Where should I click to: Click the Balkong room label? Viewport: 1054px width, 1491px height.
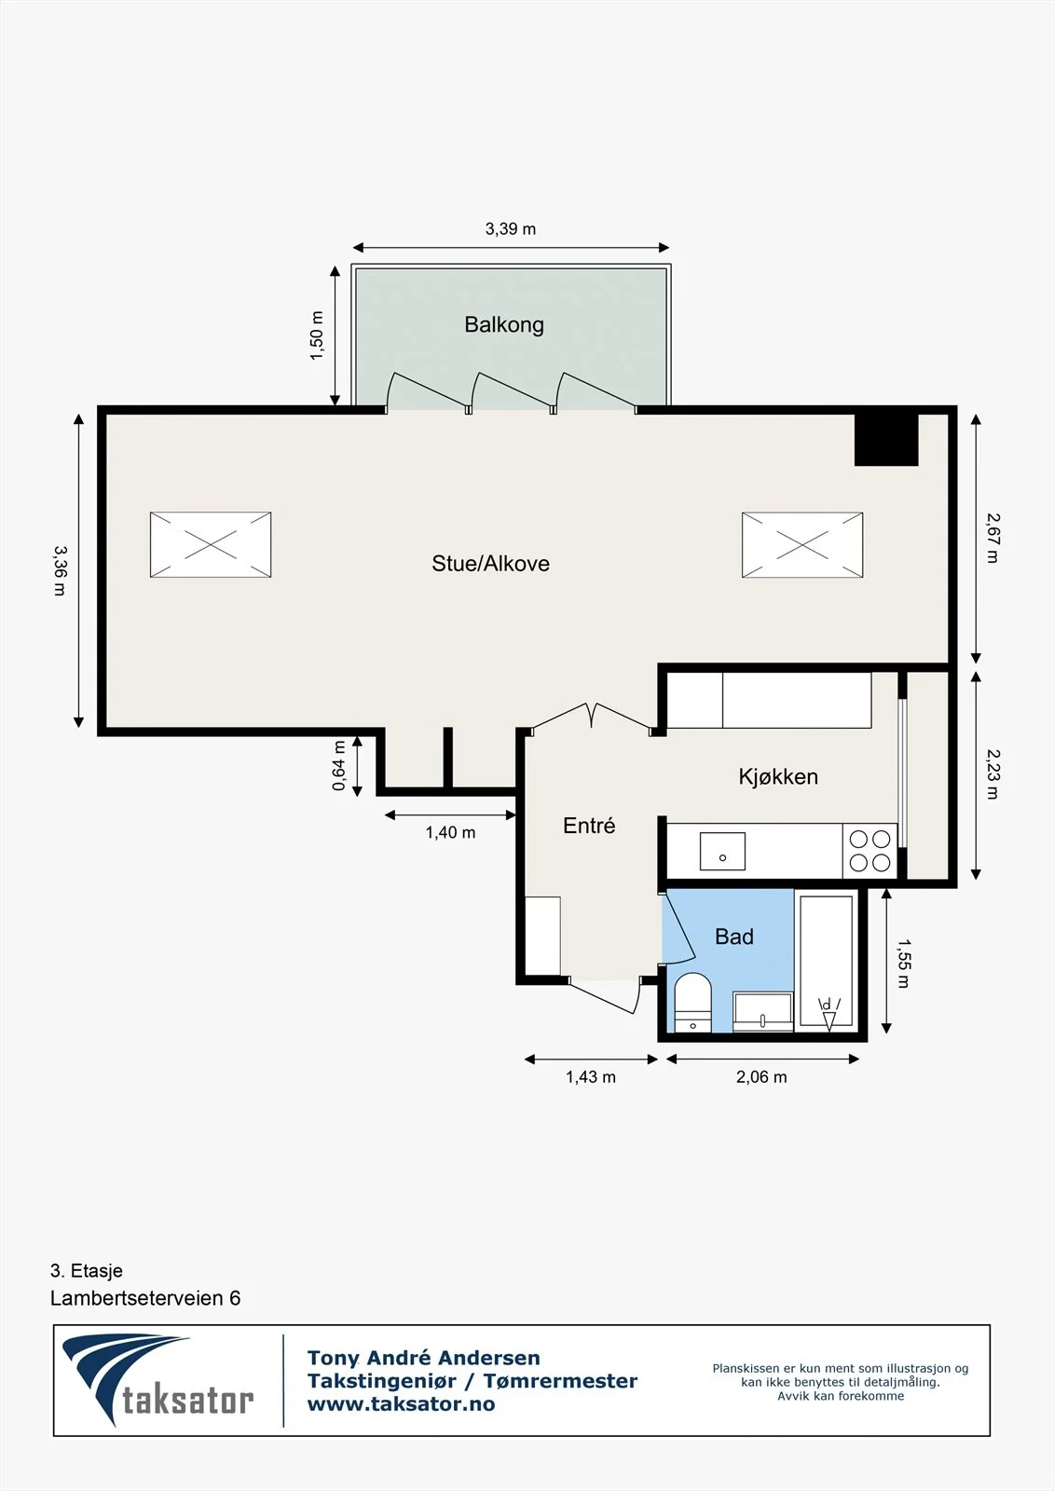tap(504, 325)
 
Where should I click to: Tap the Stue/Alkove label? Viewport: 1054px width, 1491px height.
tap(491, 564)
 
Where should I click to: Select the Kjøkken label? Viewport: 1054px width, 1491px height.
tap(778, 777)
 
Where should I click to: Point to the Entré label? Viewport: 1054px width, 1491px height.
tap(589, 826)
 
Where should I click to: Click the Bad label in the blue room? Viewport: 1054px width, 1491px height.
tap(734, 937)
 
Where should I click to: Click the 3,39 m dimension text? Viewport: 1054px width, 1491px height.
tap(511, 229)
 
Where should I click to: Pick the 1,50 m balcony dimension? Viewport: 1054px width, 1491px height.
tap(317, 336)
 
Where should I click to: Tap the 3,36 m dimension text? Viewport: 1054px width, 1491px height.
tap(60, 570)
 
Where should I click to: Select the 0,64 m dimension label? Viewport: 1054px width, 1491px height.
tap(339, 765)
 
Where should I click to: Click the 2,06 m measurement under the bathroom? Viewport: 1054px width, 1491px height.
tap(761, 1077)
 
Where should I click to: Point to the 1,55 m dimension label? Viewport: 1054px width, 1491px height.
tap(903, 964)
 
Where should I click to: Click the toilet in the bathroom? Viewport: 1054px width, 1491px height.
tap(693, 1003)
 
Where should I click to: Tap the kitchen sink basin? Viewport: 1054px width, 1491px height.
tap(722, 851)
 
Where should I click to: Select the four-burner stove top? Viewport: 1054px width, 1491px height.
tap(869, 851)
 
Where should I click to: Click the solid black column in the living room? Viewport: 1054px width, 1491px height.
tap(886, 439)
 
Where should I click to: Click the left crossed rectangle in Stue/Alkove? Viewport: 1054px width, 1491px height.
tap(211, 544)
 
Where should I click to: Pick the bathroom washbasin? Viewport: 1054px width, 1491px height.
tap(763, 1012)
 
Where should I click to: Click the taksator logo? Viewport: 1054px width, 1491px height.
tap(158, 1381)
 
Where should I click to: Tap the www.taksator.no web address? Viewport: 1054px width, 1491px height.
tap(401, 1404)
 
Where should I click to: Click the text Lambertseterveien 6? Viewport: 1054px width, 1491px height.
tap(145, 1298)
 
